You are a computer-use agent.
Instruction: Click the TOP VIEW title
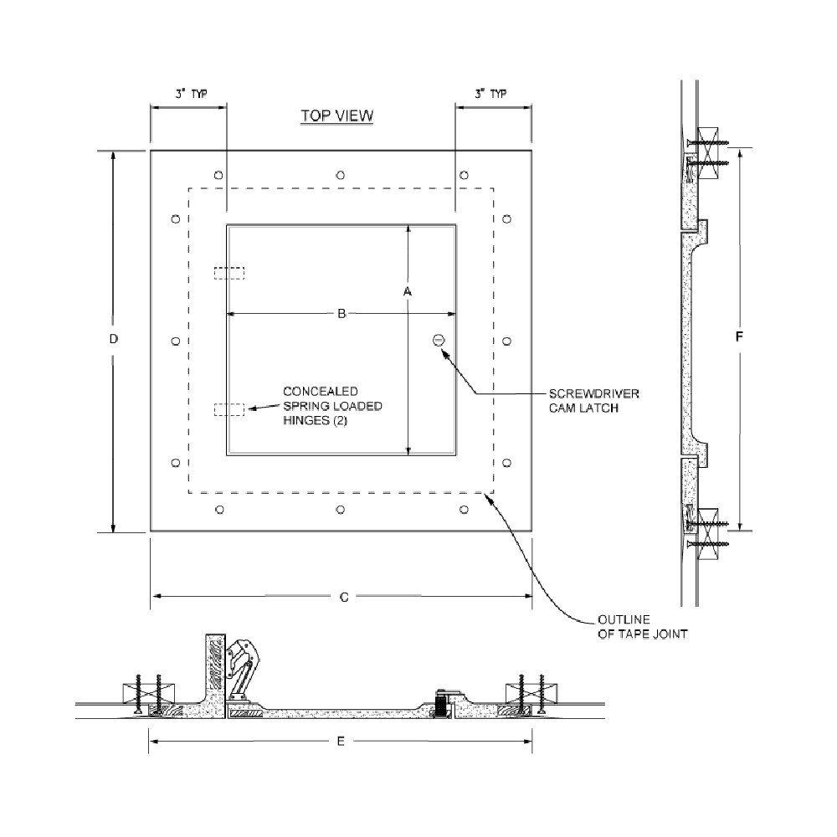[x=336, y=116]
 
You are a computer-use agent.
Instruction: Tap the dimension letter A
[x=408, y=291]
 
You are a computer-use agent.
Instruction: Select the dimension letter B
[x=341, y=314]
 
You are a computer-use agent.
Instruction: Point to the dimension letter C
[x=344, y=598]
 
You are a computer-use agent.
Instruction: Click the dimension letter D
[x=113, y=339]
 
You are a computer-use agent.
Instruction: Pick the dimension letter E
[x=341, y=741]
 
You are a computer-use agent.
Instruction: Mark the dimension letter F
[x=739, y=336]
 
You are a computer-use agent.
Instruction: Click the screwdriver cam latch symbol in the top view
[x=439, y=340]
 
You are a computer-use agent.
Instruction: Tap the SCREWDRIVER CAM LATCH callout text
[x=593, y=401]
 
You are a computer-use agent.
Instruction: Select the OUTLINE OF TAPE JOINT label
[x=642, y=627]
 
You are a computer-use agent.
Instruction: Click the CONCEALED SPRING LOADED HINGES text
[x=332, y=406]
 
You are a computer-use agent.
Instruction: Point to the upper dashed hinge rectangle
[x=229, y=273]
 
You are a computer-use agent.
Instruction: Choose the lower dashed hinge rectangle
[x=229, y=409]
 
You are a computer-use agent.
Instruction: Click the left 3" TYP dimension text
[x=191, y=94]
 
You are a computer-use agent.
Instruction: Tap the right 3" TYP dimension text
[x=490, y=94]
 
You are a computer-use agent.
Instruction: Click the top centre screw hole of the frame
[x=340, y=175]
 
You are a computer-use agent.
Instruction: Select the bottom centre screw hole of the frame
[x=340, y=510]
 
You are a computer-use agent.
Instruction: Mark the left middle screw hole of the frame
[x=176, y=341]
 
